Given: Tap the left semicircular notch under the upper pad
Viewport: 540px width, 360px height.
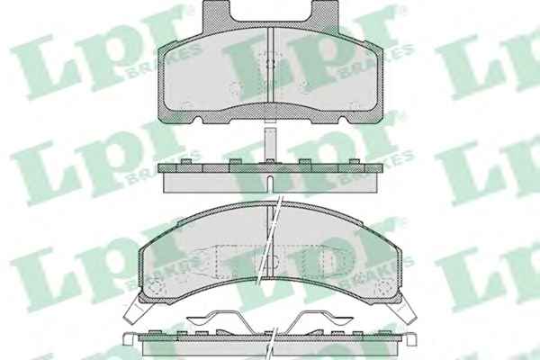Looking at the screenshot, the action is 198,120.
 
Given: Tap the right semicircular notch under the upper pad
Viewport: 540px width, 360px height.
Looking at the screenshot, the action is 343,120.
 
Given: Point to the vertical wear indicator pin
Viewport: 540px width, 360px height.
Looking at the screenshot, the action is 270,144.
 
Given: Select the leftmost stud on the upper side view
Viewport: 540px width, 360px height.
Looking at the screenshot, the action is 186,162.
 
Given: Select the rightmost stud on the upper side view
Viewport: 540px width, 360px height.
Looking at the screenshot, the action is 355,162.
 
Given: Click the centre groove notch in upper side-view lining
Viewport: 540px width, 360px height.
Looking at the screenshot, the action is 270,184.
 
